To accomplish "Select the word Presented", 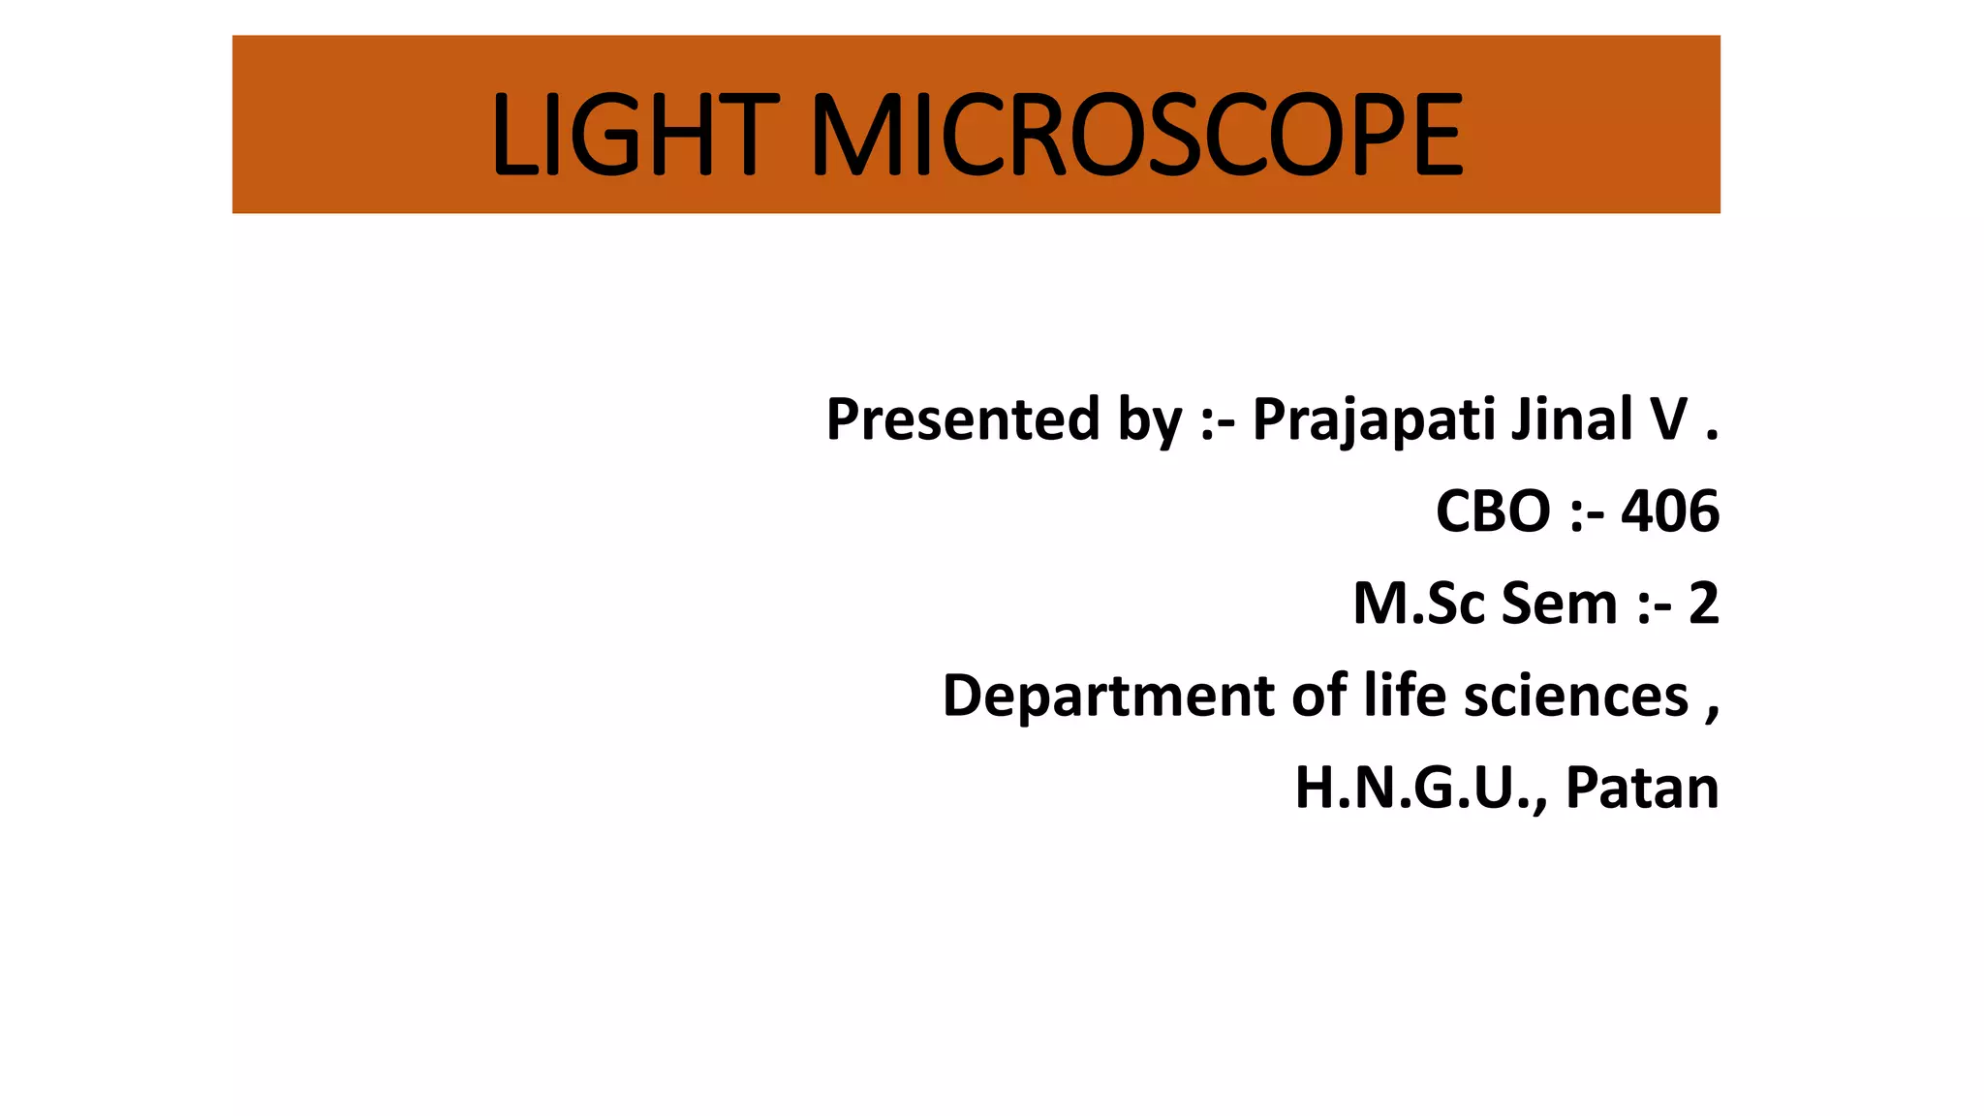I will pyautogui.click(x=963, y=419).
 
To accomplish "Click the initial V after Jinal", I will pyautogui.click(x=1669, y=419).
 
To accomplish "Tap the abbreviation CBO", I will pyautogui.click(x=1493, y=511).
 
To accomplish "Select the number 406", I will pyautogui.click(x=1670, y=511).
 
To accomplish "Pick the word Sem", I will pyautogui.click(x=1560, y=604).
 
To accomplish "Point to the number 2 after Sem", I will pyautogui.click(x=1703, y=604).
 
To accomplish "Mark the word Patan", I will pyautogui.click(x=1642, y=789).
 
